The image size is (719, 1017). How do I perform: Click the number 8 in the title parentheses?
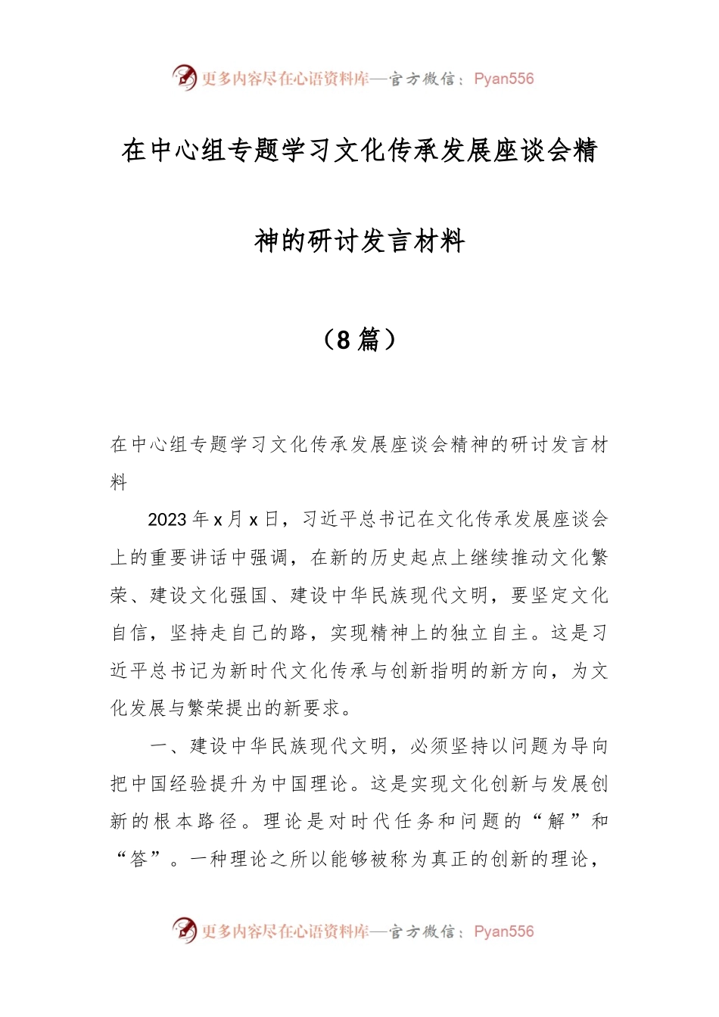click(x=343, y=340)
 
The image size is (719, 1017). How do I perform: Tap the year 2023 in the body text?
click(x=167, y=520)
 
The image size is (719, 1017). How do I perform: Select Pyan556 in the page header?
click(x=503, y=79)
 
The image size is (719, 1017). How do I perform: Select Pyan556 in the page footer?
click(x=503, y=931)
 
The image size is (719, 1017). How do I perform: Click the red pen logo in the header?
click(x=184, y=77)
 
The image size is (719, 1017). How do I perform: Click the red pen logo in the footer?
click(x=184, y=930)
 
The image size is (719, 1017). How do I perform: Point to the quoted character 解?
click(x=556, y=822)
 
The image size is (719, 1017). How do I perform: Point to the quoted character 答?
click(x=139, y=860)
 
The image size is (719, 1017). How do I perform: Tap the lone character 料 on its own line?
click(x=120, y=482)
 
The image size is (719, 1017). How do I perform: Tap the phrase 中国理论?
click(x=319, y=784)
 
